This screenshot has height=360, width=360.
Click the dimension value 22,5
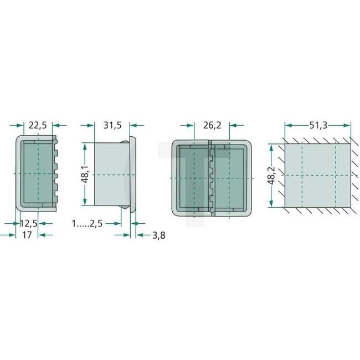coord(38,125)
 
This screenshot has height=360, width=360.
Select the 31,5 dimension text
coord(112,125)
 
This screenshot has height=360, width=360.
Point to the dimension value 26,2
coord(212,125)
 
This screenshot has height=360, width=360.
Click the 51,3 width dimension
coord(317,125)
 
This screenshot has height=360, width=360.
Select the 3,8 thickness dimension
coord(158,235)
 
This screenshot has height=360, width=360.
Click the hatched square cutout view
coord(318,176)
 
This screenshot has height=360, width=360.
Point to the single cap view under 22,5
coord(36,173)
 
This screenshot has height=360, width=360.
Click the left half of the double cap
coord(191,177)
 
